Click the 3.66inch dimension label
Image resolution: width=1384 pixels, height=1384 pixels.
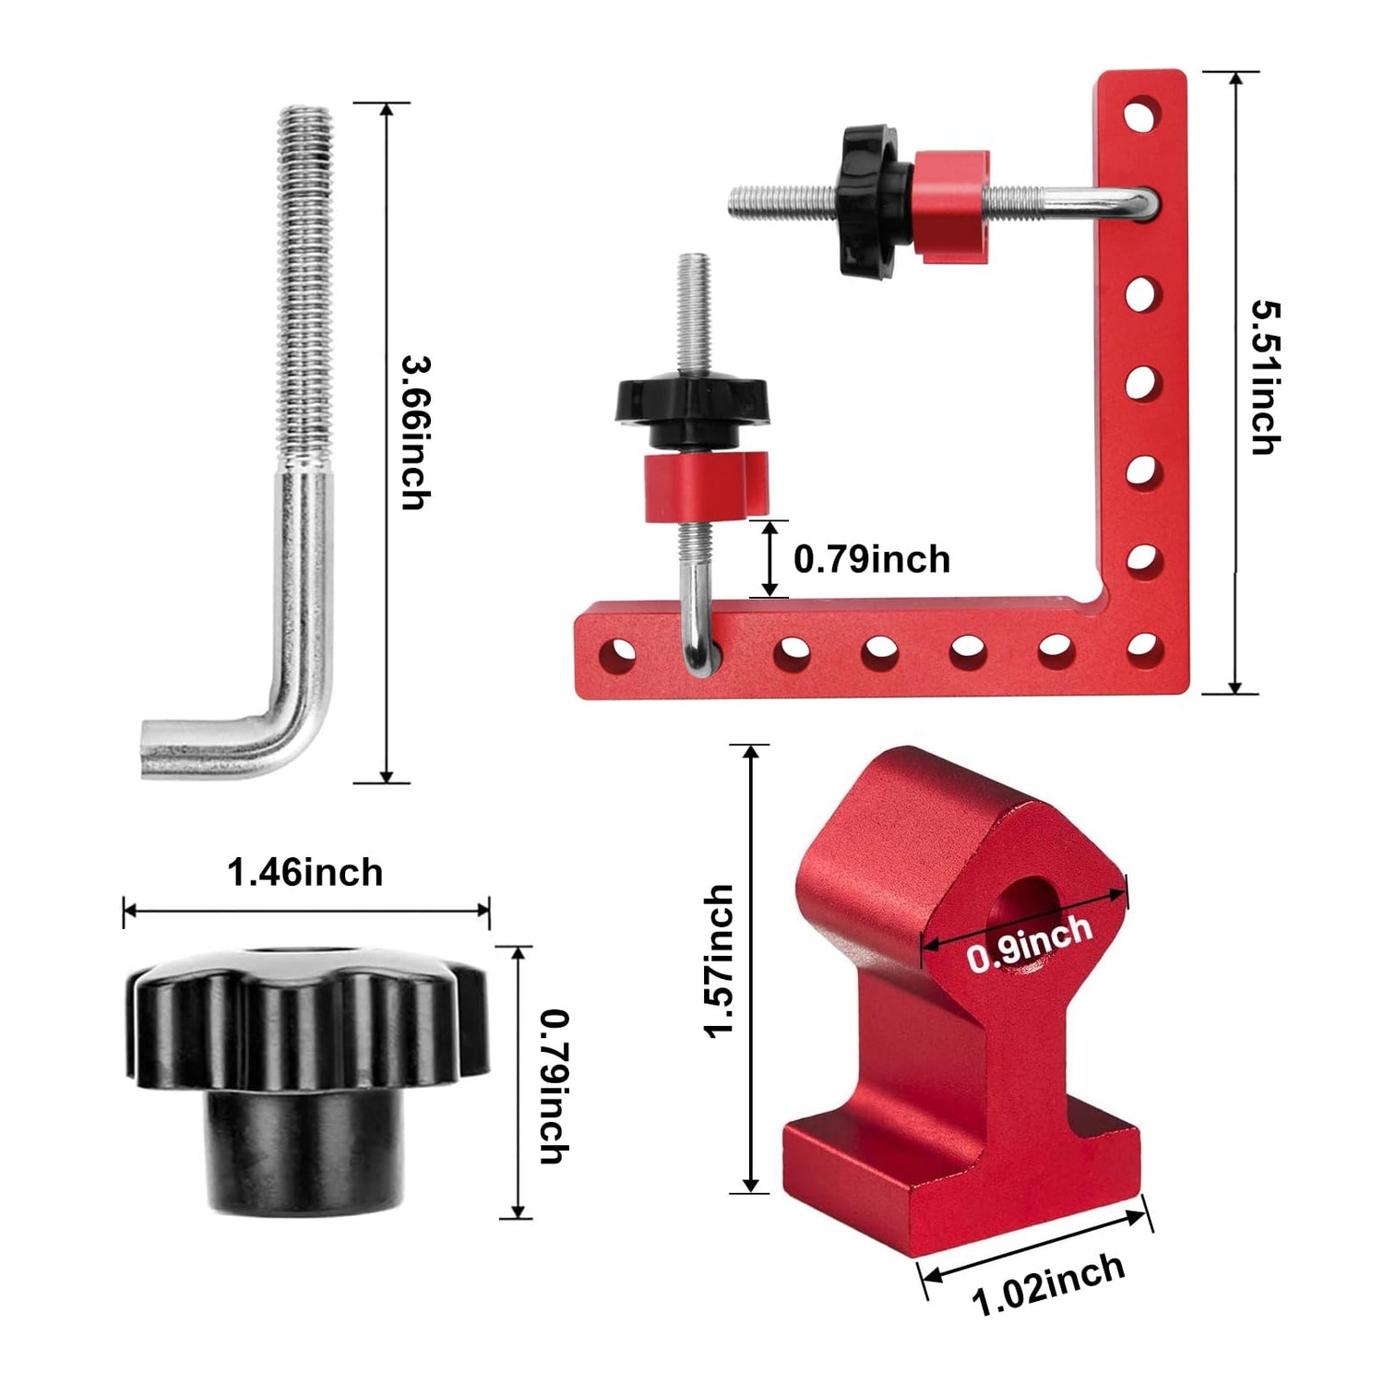415,433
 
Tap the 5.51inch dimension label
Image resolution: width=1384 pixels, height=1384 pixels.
1265,377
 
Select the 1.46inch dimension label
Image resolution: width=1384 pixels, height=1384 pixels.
305,873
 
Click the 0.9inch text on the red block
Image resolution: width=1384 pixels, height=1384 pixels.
1029,944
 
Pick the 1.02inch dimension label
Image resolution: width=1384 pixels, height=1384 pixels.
1048,1283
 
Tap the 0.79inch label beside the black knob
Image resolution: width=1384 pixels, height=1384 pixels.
554,1086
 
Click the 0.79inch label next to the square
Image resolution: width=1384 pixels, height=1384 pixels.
872,560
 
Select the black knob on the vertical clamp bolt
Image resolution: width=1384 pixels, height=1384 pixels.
692,406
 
